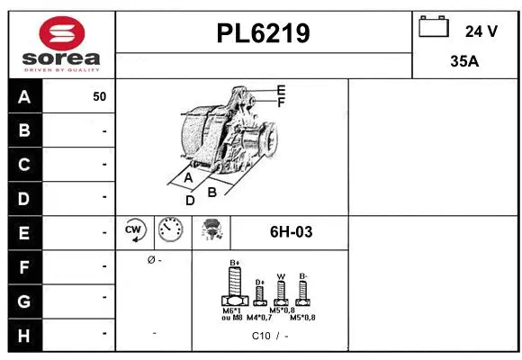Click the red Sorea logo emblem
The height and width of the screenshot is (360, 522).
tap(60, 34)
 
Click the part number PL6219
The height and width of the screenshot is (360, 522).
tap(264, 33)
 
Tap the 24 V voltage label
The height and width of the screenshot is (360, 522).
tap(481, 31)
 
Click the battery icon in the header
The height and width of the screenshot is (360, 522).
tap(434, 29)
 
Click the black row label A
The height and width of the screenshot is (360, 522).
tap(24, 96)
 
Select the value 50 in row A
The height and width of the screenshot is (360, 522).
tap(99, 96)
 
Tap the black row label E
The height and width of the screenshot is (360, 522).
tap(24, 232)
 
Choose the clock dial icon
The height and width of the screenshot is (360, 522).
tap(168, 231)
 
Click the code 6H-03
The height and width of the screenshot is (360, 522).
tap(291, 232)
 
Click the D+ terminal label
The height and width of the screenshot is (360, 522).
tap(259, 282)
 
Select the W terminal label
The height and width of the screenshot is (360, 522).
tap(281, 276)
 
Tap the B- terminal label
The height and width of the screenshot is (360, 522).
tap(303, 275)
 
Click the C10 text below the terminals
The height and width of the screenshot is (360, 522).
tap(261, 336)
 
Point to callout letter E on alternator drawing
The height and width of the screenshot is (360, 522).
tap(281, 90)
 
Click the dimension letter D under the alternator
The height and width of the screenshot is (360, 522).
tap(190, 200)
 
